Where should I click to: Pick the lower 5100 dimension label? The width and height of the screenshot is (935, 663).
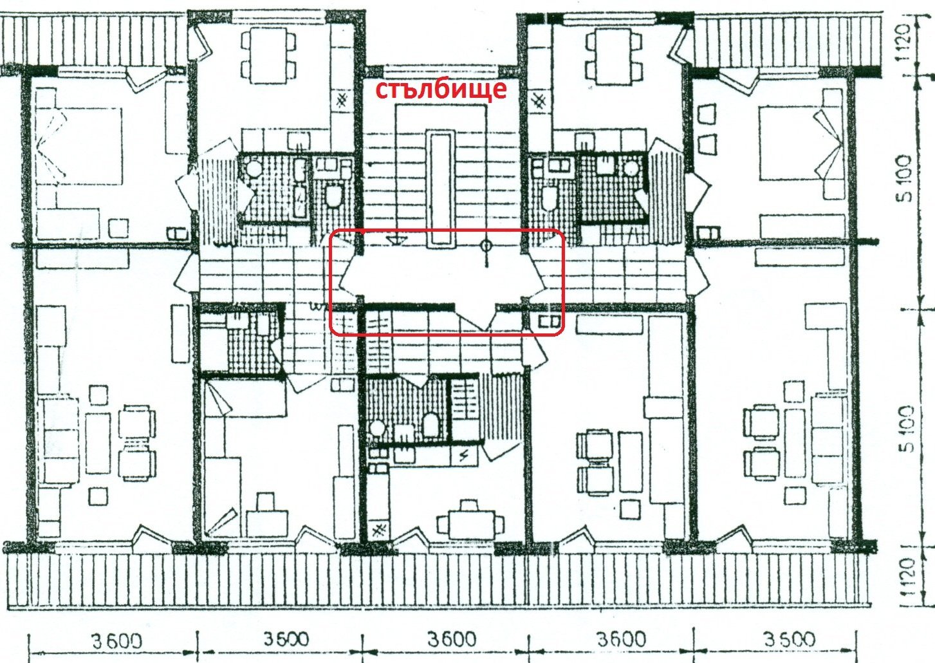click(x=906, y=429)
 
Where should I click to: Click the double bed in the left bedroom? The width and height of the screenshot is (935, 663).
click(x=79, y=146)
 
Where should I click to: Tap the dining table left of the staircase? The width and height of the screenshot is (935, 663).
click(x=269, y=55)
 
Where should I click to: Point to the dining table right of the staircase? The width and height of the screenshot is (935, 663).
click(x=614, y=56)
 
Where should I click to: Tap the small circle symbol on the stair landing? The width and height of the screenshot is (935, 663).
click(x=486, y=246)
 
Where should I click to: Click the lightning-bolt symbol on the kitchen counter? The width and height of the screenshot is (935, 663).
click(x=463, y=456)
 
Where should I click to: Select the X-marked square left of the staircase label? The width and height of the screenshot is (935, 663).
click(x=342, y=100)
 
